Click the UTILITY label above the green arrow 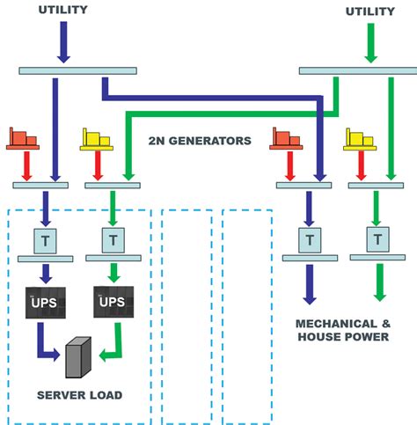click(369, 11)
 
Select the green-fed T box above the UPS click(112, 238)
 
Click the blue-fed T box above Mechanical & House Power click(308, 238)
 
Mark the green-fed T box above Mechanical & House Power click(378, 238)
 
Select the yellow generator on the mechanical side click(359, 139)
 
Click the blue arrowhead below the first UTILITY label click(63, 55)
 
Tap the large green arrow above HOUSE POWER click(379, 286)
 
